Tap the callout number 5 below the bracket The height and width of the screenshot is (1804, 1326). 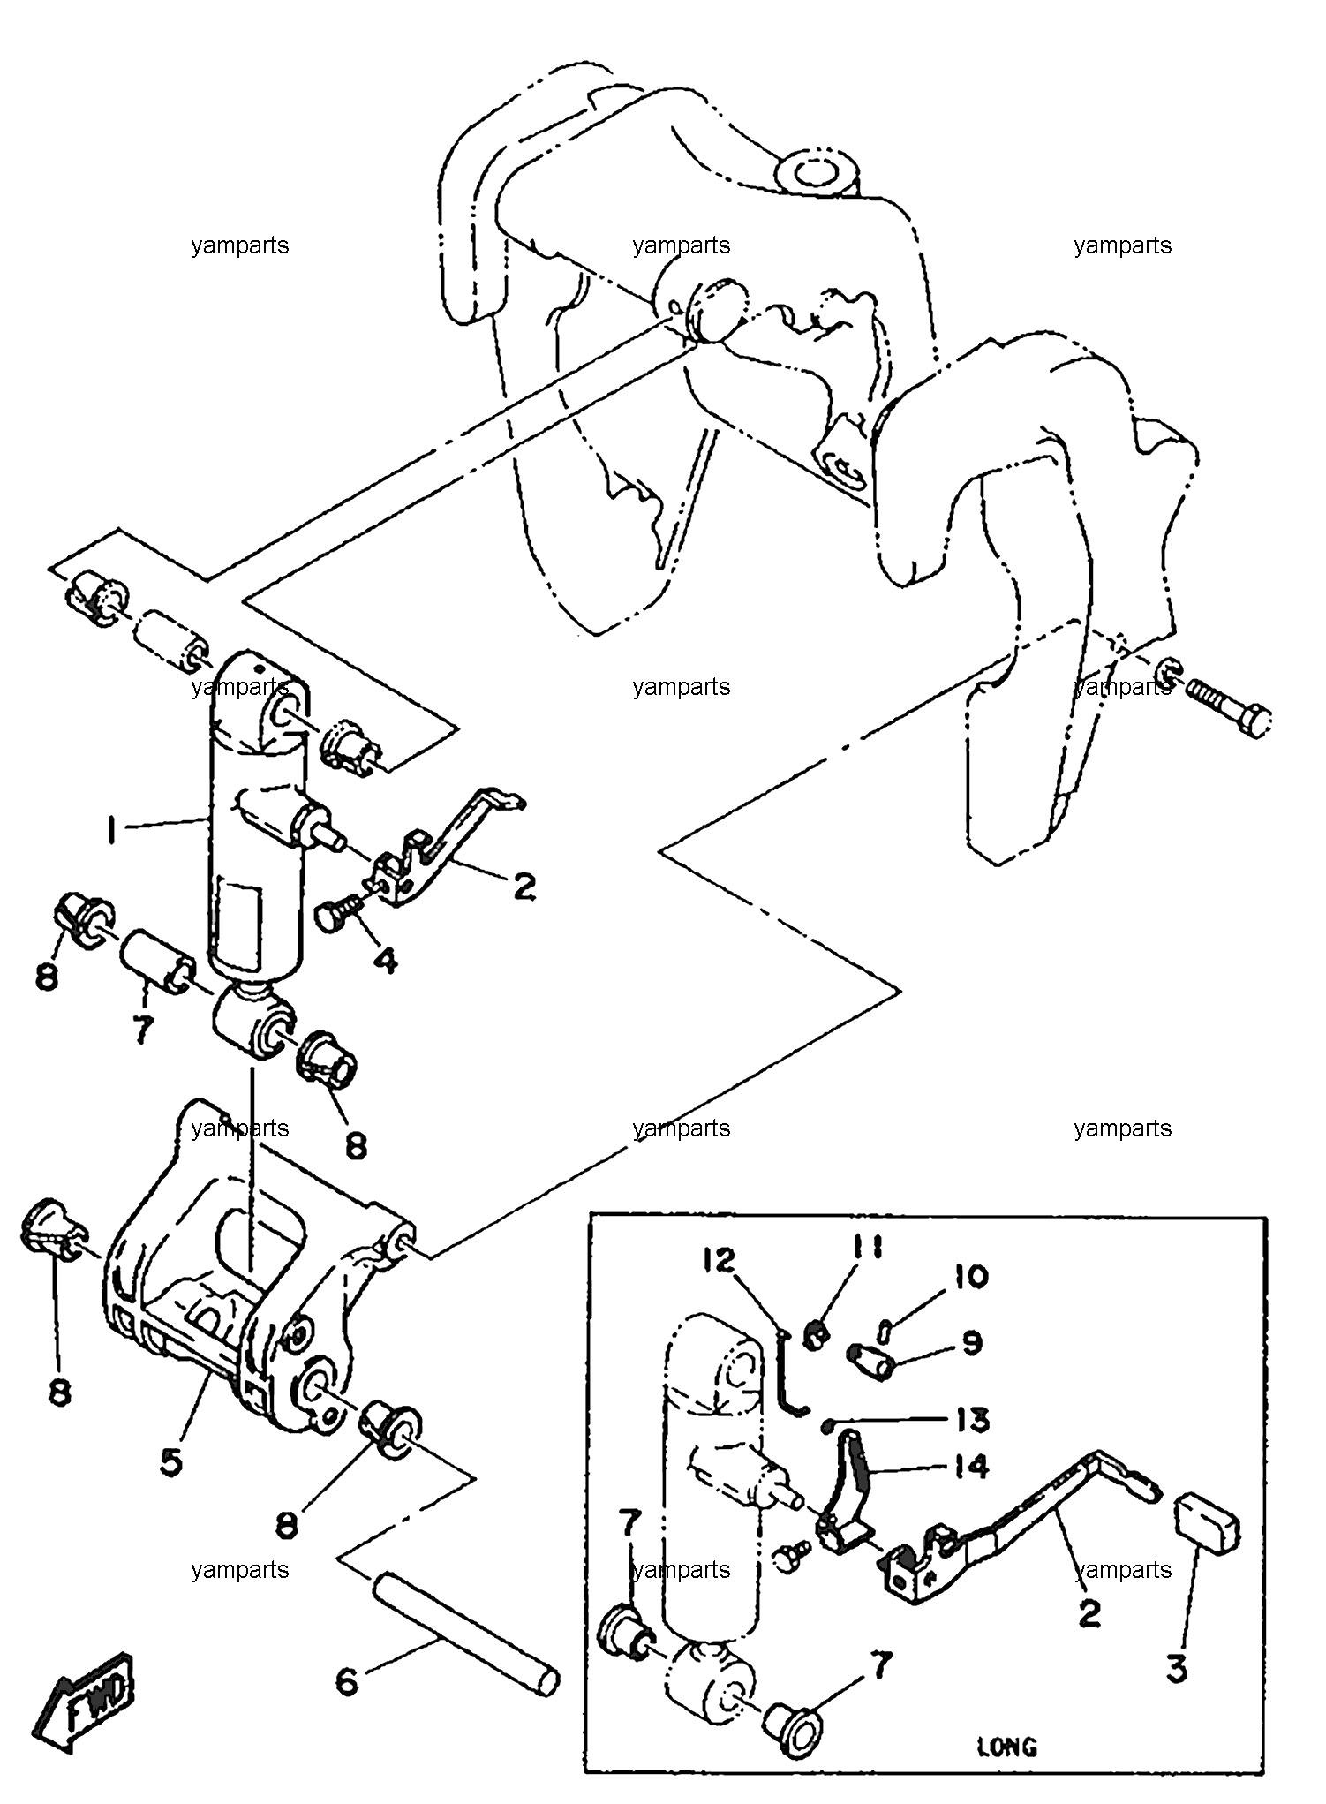[x=171, y=1461]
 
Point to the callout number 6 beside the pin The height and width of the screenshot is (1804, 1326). [x=347, y=1681]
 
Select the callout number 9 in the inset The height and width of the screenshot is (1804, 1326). [x=971, y=1343]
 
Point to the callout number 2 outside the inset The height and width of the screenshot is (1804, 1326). [x=524, y=886]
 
